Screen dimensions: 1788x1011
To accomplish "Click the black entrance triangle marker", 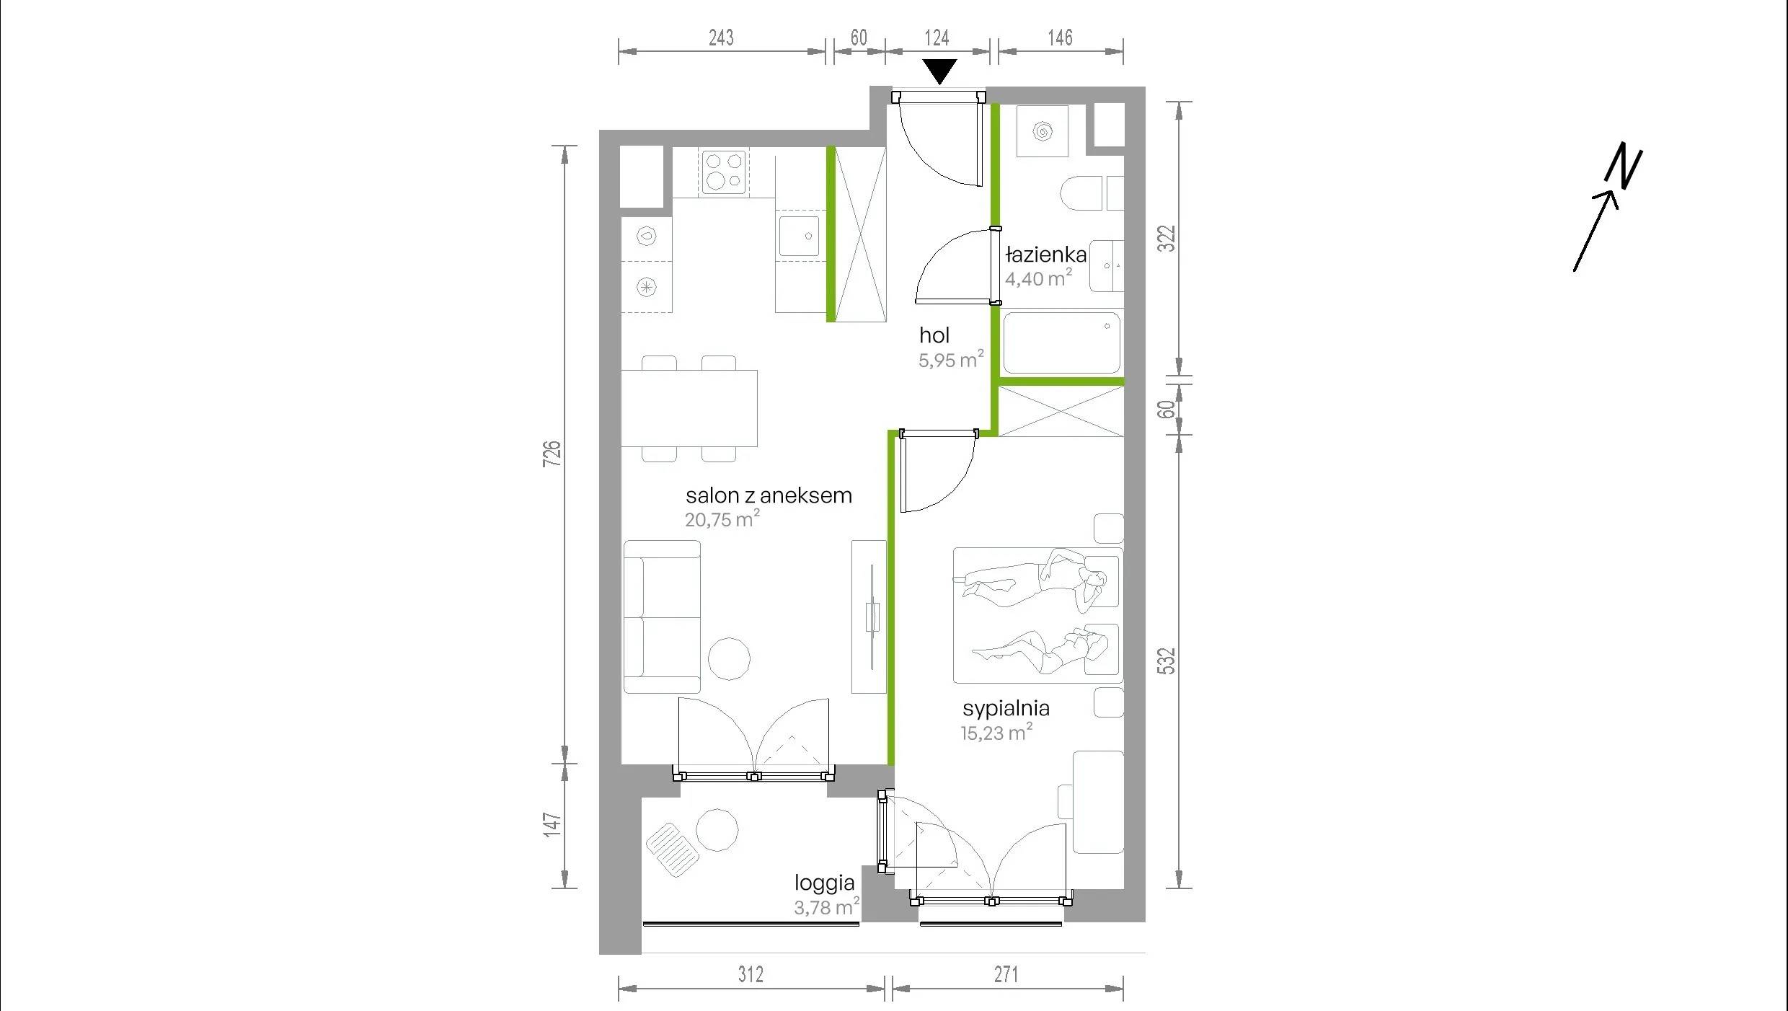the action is click(x=939, y=71).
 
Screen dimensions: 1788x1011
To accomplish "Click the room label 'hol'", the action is click(x=934, y=335).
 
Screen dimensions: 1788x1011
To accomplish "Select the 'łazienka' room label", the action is click(x=1046, y=254).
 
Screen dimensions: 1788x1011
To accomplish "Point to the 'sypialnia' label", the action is click(x=1006, y=708).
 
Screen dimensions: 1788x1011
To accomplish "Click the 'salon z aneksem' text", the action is click(x=769, y=495).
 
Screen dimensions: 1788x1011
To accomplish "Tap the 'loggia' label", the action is click(x=824, y=883).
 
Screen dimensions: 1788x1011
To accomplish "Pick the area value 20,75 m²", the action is click(x=722, y=518).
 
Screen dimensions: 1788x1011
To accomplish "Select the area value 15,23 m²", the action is click(x=996, y=733).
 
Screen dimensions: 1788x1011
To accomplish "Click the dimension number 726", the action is click(x=552, y=454).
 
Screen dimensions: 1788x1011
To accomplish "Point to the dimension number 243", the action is click(x=721, y=37).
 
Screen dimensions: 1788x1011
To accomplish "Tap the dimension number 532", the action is click(x=1166, y=661).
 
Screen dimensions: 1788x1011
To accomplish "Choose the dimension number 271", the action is click(x=1006, y=975).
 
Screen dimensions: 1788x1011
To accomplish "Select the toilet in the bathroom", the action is click(x=1081, y=193).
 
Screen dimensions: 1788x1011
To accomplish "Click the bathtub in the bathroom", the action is click(x=1061, y=343).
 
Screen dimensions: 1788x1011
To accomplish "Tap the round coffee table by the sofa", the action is click(x=729, y=658).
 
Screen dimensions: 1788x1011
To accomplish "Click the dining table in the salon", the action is click(x=689, y=408).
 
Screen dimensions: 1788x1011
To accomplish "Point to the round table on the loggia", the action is click(x=717, y=830).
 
